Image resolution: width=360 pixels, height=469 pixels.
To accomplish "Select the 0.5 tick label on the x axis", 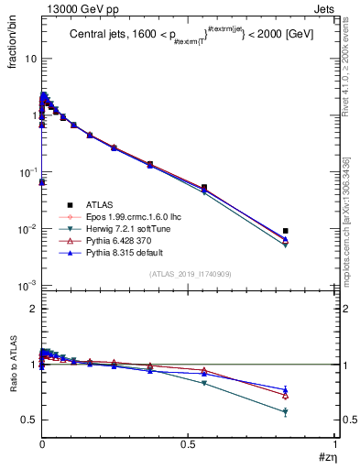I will tap(189, 446).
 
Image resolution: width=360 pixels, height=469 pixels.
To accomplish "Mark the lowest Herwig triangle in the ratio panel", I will tap(286, 413).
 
